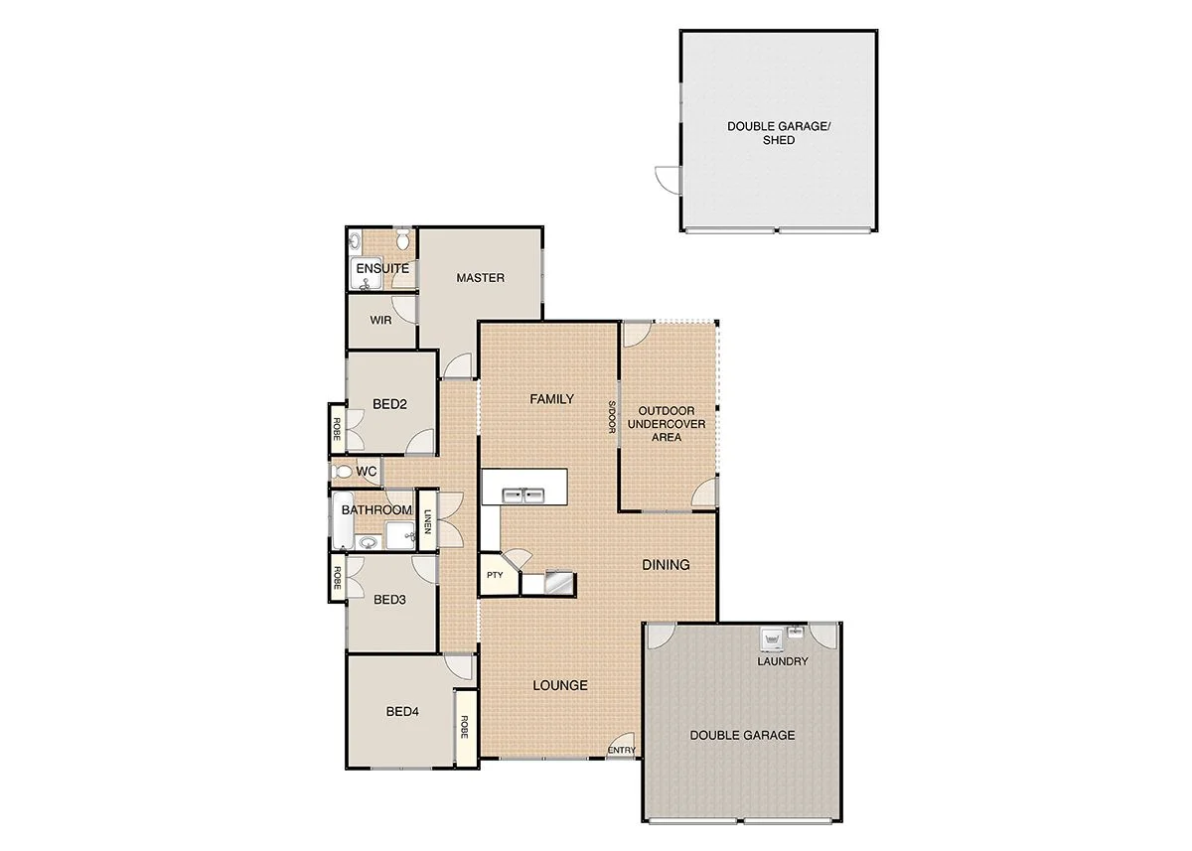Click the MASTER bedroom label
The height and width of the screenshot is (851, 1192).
480,278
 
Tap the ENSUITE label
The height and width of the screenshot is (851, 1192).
382,269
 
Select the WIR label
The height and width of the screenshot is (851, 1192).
380,321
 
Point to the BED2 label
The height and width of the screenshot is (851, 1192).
390,404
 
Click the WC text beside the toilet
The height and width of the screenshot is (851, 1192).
367,472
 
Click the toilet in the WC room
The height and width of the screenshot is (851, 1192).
342,473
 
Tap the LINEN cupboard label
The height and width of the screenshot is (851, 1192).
427,520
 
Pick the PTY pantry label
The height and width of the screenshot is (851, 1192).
495,575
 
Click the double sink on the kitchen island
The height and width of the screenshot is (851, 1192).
523,494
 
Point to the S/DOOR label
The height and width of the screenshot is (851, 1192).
613,416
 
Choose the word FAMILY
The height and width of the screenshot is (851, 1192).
551,399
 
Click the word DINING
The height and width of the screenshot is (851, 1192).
666,565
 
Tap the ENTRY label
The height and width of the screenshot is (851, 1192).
622,751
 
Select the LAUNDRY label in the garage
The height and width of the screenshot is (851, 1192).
783,661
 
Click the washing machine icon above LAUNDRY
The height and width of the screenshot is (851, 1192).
769,638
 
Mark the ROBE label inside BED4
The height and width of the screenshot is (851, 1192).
464,727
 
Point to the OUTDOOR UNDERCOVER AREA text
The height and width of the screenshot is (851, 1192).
666,423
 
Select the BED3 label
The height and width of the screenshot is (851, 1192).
390,600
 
